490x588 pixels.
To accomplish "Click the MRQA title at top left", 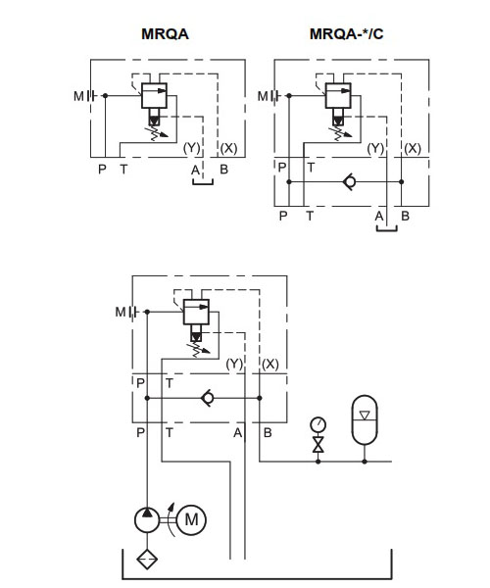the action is (x=165, y=34).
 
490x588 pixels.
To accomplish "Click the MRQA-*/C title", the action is (x=346, y=34).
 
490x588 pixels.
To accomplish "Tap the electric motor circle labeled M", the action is (x=191, y=519).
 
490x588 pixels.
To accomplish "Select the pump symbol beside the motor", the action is (x=147, y=519).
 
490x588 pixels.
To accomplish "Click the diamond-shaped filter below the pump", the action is (x=147, y=560).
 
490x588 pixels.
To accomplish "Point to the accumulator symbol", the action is (x=365, y=419).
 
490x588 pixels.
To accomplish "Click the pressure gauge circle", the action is (x=318, y=425).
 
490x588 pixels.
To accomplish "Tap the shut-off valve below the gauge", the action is (x=318, y=444).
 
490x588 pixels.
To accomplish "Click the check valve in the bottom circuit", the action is (x=208, y=398).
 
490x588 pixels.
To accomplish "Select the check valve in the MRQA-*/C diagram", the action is (x=350, y=182).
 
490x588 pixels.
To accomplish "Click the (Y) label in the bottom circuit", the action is (x=234, y=364).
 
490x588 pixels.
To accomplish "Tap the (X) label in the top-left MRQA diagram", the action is (x=228, y=149).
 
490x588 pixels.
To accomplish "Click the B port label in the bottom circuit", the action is (x=268, y=433).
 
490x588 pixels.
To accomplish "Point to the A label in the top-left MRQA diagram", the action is (x=195, y=171).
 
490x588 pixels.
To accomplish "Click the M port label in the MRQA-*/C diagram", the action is (x=263, y=96).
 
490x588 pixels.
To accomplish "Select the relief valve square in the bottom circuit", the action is (x=196, y=312).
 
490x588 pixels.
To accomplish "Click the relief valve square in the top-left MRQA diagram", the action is (x=154, y=96).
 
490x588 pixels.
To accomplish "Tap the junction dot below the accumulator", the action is (x=365, y=462).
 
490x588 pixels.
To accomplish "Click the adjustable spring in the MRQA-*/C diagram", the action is (x=340, y=132).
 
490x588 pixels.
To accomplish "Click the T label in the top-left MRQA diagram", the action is (x=123, y=170).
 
